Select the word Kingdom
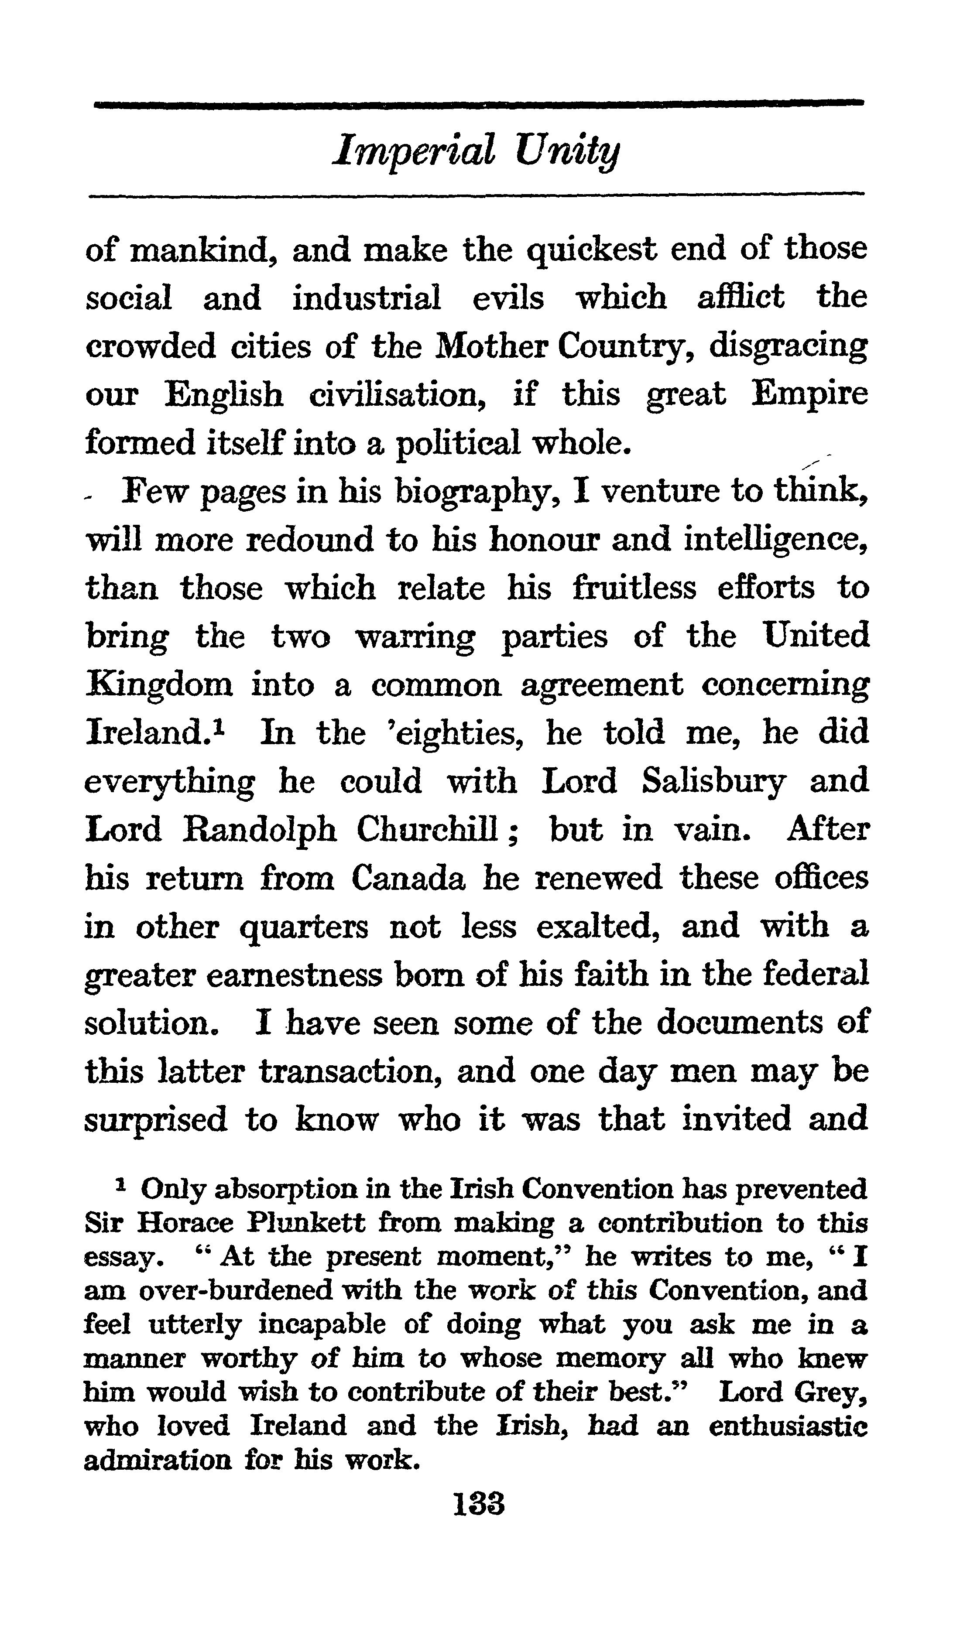pos(159,686)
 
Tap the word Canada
pos(408,879)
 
